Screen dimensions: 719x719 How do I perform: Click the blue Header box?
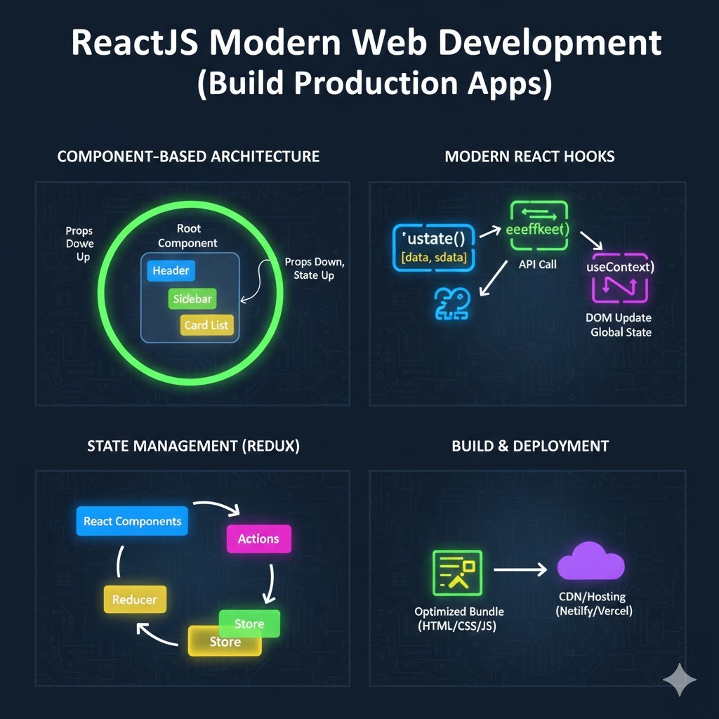pyautogui.click(x=171, y=271)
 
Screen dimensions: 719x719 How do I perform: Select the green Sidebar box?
pyautogui.click(x=192, y=298)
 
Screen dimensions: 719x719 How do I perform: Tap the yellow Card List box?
pyautogui.click(x=206, y=326)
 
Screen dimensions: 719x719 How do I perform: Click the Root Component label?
pyautogui.click(x=187, y=236)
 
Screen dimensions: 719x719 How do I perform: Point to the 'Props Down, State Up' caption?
pyautogui.click(x=314, y=268)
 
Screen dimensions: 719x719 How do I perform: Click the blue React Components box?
pyautogui.click(x=132, y=521)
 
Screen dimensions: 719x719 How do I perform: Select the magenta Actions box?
pyautogui.click(x=258, y=539)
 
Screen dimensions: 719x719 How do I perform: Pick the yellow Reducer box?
pyautogui.click(x=134, y=600)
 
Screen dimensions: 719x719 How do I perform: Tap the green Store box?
pyautogui.click(x=250, y=622)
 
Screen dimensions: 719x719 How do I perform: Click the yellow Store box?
pyautogui.click(x=225, y=642)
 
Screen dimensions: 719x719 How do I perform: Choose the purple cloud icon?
pyautogui.click(x=591, y=562)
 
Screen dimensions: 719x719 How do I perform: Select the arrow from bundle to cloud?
pyautogui.click(x=520, y=569)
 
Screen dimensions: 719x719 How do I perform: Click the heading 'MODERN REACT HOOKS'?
pyautogui.click(x=529, y=156)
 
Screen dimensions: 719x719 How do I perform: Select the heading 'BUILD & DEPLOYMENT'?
pyautogui.click(x=530, y=446)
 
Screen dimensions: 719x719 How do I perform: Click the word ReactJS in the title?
pyautogui.click(x=134, y=44)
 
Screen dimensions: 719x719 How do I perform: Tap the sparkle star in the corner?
pyautogui.click(x=680, y=680)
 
